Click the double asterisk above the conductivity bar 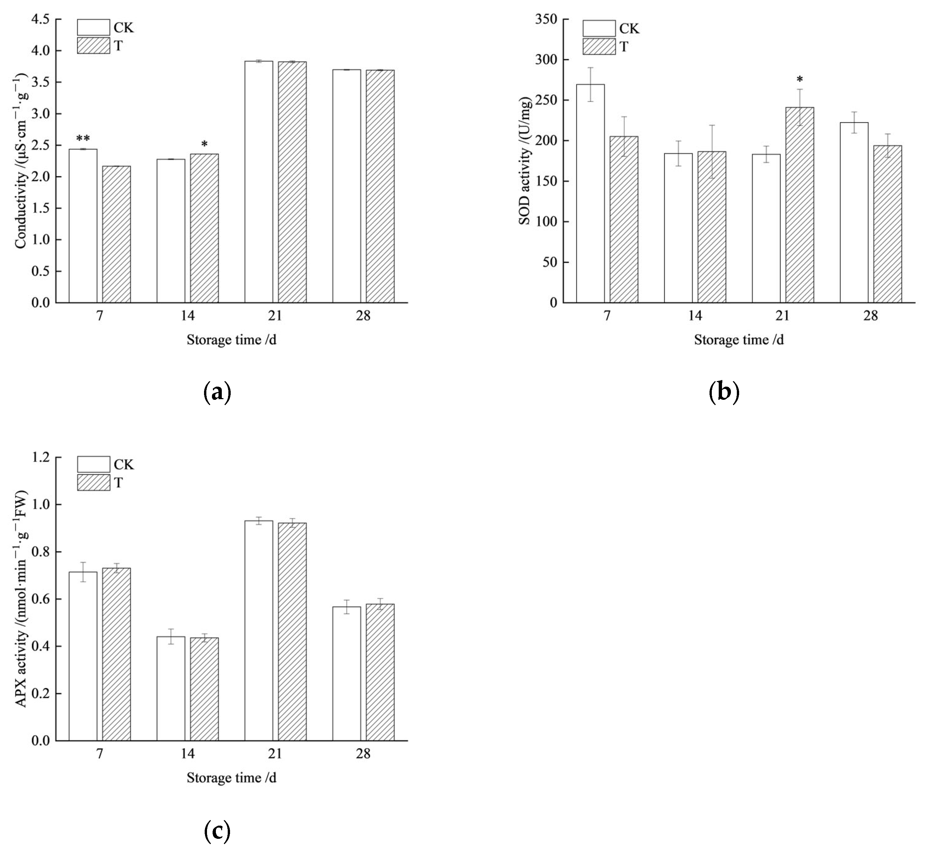pyautogui.click(x=83, y=139)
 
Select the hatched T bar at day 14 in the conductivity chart pyautogui.click(x=204, y=229)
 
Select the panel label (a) pyautogui.click(x=217, y=393)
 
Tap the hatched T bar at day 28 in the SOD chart pyautogui.click(x=887, y=224)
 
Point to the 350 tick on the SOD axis pyautogui.click(x=546, y=19)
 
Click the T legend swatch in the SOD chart pyautogui.click(x=599, y=47)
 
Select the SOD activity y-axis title pyautogui.click(x=525, y=161)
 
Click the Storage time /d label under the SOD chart pyautogui.click(x=738, y=340)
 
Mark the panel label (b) pyautogui.click(x=723, y=393)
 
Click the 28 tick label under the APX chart pyautogui.click(x=363, y=754)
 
